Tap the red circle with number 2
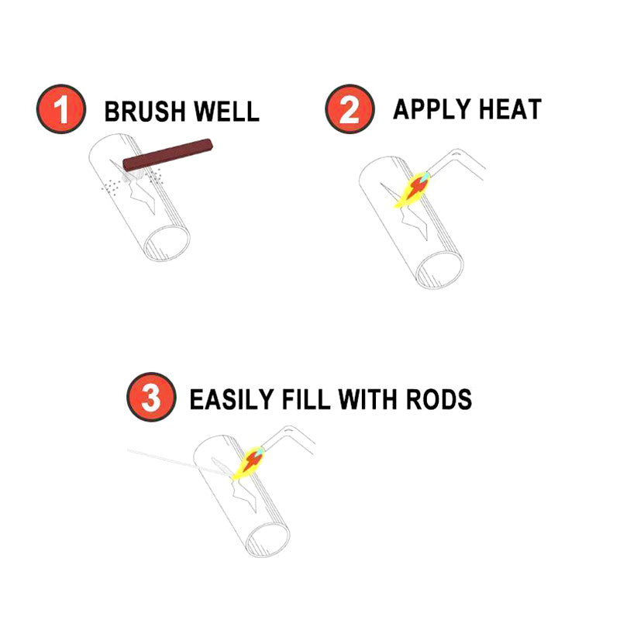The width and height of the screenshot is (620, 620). click(x=348, y=110)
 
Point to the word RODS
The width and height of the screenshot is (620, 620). click(x=440, y=399)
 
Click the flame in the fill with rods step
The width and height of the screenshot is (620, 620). click(x=250, y=463)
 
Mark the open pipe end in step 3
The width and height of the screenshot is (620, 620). click(x=268, y=538)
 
